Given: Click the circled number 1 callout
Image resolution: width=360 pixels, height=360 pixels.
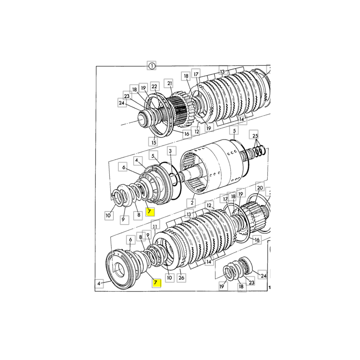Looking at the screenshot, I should (x=152, y=66).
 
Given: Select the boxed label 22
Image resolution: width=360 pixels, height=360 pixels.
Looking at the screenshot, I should (x=154, y=86).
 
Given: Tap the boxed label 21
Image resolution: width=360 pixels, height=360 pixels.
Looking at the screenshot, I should (x=169, y=83).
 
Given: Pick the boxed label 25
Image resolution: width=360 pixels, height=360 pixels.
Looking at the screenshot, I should (x=255, y=135).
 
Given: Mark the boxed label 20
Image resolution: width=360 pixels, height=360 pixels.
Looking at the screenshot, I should (x=259, y=187).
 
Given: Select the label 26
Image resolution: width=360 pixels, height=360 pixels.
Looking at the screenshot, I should (x=181, y=278).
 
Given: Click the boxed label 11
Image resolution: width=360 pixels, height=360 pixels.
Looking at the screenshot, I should (x=154, y=226).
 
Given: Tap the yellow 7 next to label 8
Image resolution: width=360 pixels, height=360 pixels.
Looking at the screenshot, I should (x=150, y=211).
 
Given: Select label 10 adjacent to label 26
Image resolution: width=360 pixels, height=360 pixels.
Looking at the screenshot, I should (x=169, y=278).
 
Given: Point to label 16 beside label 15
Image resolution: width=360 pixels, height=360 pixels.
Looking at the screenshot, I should (x=187, y=134).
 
